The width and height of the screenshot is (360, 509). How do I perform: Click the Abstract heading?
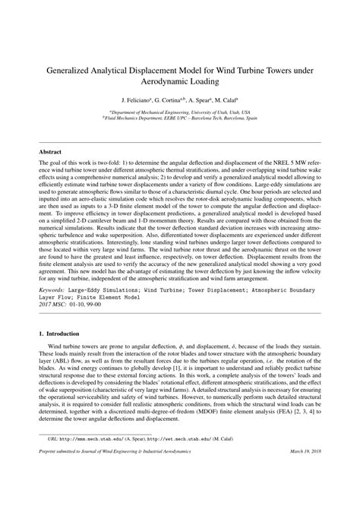click(x=50, y=152)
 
